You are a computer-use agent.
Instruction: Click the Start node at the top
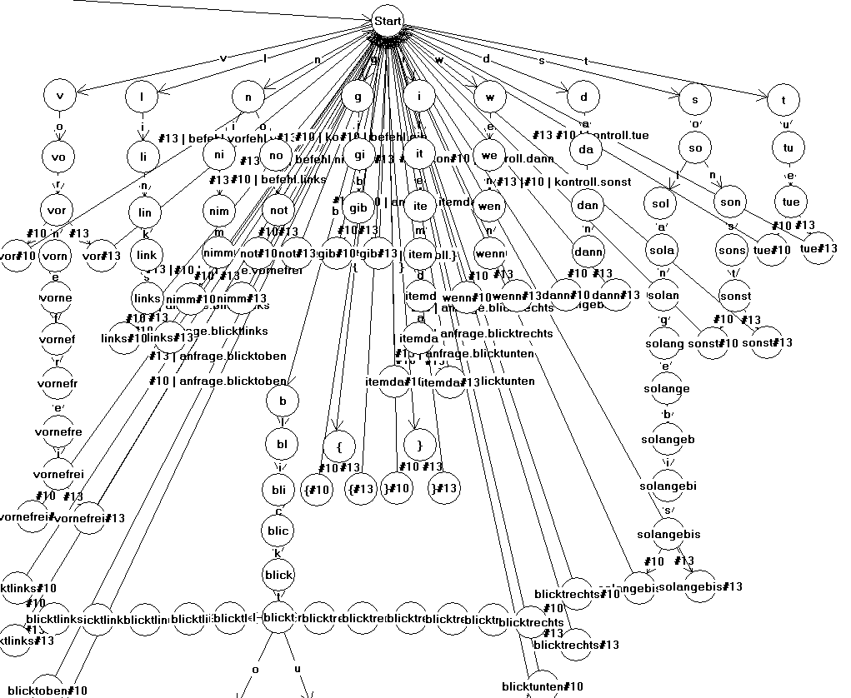tap(388, 20)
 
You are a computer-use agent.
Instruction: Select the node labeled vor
tap(59, 210)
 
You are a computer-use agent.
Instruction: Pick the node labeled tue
tap(790, 202)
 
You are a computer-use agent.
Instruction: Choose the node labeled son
tap(731, 202)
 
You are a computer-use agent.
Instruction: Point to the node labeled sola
tap(663, 251)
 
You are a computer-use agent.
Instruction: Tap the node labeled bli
tap(283, 488)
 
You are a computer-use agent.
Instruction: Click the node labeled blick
tap(278, 575)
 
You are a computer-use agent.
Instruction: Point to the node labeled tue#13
tap(818, 248)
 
